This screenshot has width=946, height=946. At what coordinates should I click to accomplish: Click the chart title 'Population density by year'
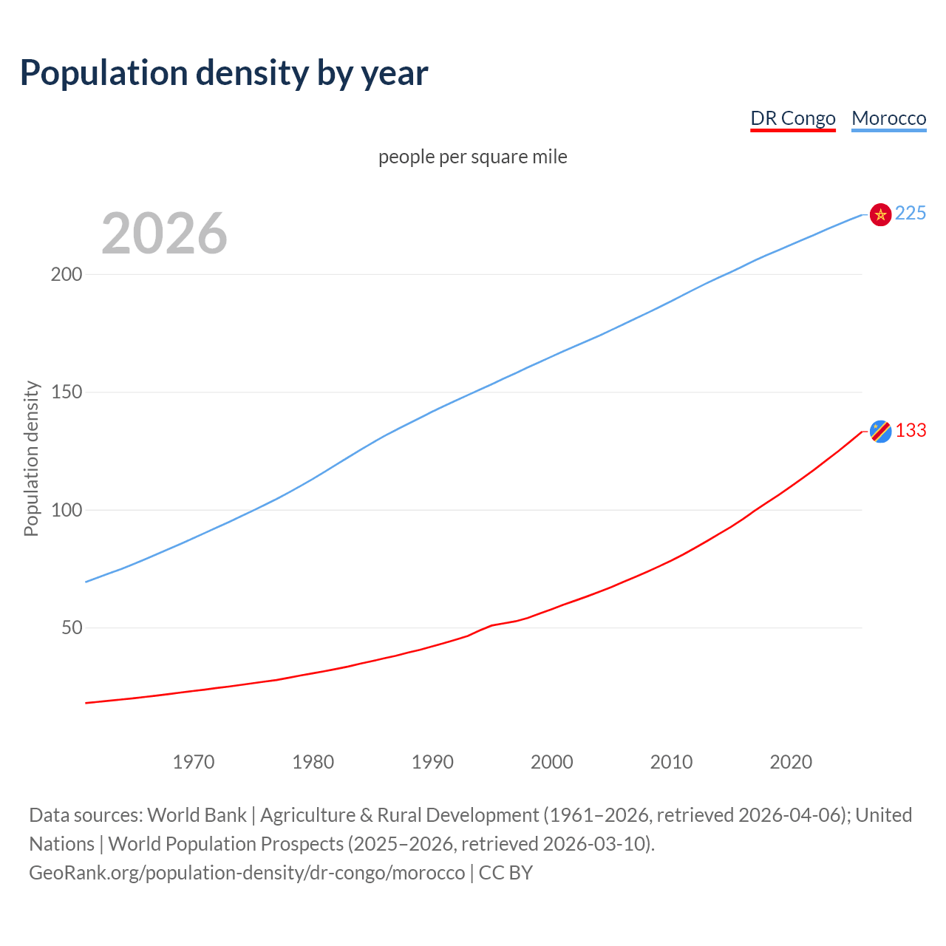pyautogui.click(x=224, y=73)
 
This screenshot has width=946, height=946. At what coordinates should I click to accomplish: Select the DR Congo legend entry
pyautogui.click(x=792, y=118)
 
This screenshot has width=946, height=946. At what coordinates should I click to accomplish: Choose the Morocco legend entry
pyautogui.click(x=888, y=118)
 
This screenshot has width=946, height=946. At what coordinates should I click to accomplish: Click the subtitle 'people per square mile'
pyautogui.click(x=472, y=157)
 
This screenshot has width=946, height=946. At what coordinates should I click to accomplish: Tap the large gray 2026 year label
pyautogui.click(x=164, y=233)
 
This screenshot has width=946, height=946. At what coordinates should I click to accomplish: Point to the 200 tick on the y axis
pyautogui.click(x=67, y=274)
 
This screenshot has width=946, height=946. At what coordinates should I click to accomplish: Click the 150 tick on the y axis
pyautogui.click(x=67, y=392)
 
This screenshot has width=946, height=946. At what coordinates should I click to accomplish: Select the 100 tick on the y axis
pyautogui.click(x=67, y=510)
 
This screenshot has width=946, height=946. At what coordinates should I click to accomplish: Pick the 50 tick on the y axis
pyautogui.click(x=72, y=627)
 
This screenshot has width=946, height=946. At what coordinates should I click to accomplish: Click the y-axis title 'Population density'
pyautogui.click(x=31, y=458)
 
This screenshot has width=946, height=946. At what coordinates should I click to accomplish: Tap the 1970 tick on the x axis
pyautogui.click(x=194, y=762)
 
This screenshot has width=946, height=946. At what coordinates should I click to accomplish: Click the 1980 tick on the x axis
pyautogui.click(x=313, y=762)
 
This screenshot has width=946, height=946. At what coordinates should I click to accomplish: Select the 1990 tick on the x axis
pyautogui.click(x=432, y=762)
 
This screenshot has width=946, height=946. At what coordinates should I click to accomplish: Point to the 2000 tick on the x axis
pyautogui.click(x=552, y=762)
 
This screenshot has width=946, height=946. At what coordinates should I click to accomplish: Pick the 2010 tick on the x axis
pyautogui.click(x=671, y=762)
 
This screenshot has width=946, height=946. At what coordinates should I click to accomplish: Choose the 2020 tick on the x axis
pyautogui.click(x=791, y=762)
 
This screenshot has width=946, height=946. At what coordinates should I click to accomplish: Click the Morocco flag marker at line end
pyautogui.click(x=880, y=214)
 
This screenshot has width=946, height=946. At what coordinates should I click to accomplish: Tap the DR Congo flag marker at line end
pyautogui.click(x=880, y=431)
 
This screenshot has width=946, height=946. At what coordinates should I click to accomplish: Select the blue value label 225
pyautogui.click(x=911, y=214)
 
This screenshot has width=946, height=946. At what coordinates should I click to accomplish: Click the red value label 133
pyautogui.click(x=911, y=431)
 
